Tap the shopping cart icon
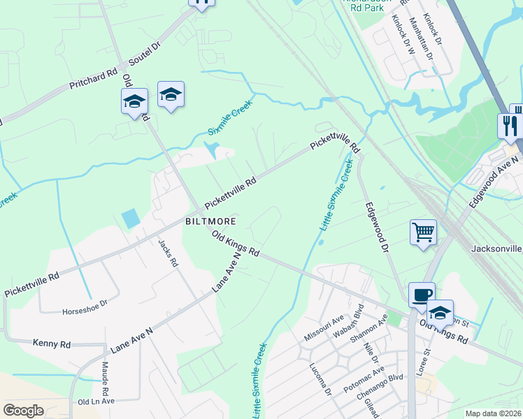[x=423, y=232]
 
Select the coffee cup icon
[x=421, y=295]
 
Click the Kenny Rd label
[x=52, y=344]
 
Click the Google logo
[x=23, y=411]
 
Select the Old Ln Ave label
[x=96, y=402]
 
